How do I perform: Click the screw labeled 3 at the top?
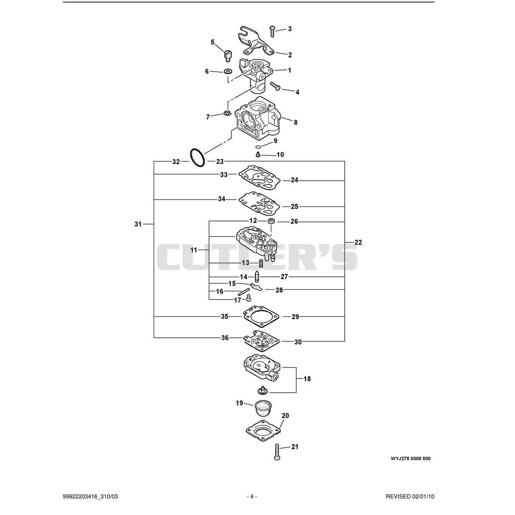273,31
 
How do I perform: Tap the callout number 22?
358,242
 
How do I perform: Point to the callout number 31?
138,224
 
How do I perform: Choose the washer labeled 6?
228,71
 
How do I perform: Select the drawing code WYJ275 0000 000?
411,458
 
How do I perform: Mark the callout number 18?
307,379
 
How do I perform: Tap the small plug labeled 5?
228,56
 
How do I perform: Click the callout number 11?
194,250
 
